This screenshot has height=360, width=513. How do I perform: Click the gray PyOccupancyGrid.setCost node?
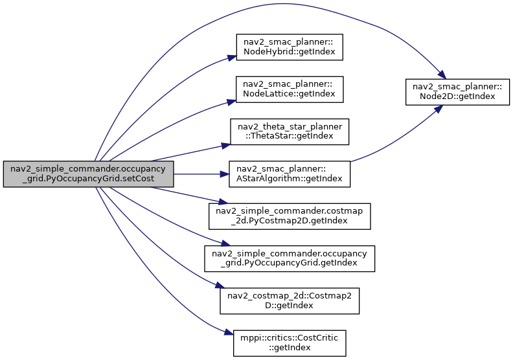[x=88, y=174]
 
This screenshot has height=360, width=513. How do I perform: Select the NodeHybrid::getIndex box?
[x=290, y=47]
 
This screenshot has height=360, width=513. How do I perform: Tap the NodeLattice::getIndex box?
[x=290, y=89]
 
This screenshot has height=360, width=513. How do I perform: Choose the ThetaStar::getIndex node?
[x=290, y=132]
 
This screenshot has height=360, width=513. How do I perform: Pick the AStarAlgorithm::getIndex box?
[x=290, y=174]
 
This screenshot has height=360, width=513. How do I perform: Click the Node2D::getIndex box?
[x=457, y=92]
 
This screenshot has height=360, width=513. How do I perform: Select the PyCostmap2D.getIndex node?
[x=290, y=216]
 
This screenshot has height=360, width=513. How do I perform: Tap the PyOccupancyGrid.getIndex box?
[x=290, y=258]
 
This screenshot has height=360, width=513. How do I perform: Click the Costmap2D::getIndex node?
[x=290, y=301]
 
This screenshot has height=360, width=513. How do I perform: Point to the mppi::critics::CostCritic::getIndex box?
[x=290, y=343]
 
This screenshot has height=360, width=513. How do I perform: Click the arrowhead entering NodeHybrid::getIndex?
[x=232, y=58]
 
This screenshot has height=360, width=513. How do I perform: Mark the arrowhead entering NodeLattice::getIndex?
[x=232, y=102]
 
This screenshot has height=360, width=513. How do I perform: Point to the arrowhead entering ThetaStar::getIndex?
[x=226, y=146]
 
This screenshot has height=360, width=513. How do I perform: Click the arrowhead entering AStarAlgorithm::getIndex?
[x=224, y=174]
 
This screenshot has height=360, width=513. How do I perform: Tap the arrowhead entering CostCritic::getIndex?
[x=229, y=333]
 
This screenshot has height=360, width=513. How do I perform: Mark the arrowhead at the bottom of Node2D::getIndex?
[x=439, y=109]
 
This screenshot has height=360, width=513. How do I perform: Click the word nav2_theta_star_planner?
[x=290, y=126]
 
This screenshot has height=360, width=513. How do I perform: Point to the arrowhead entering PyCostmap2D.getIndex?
[x=223, y=202]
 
